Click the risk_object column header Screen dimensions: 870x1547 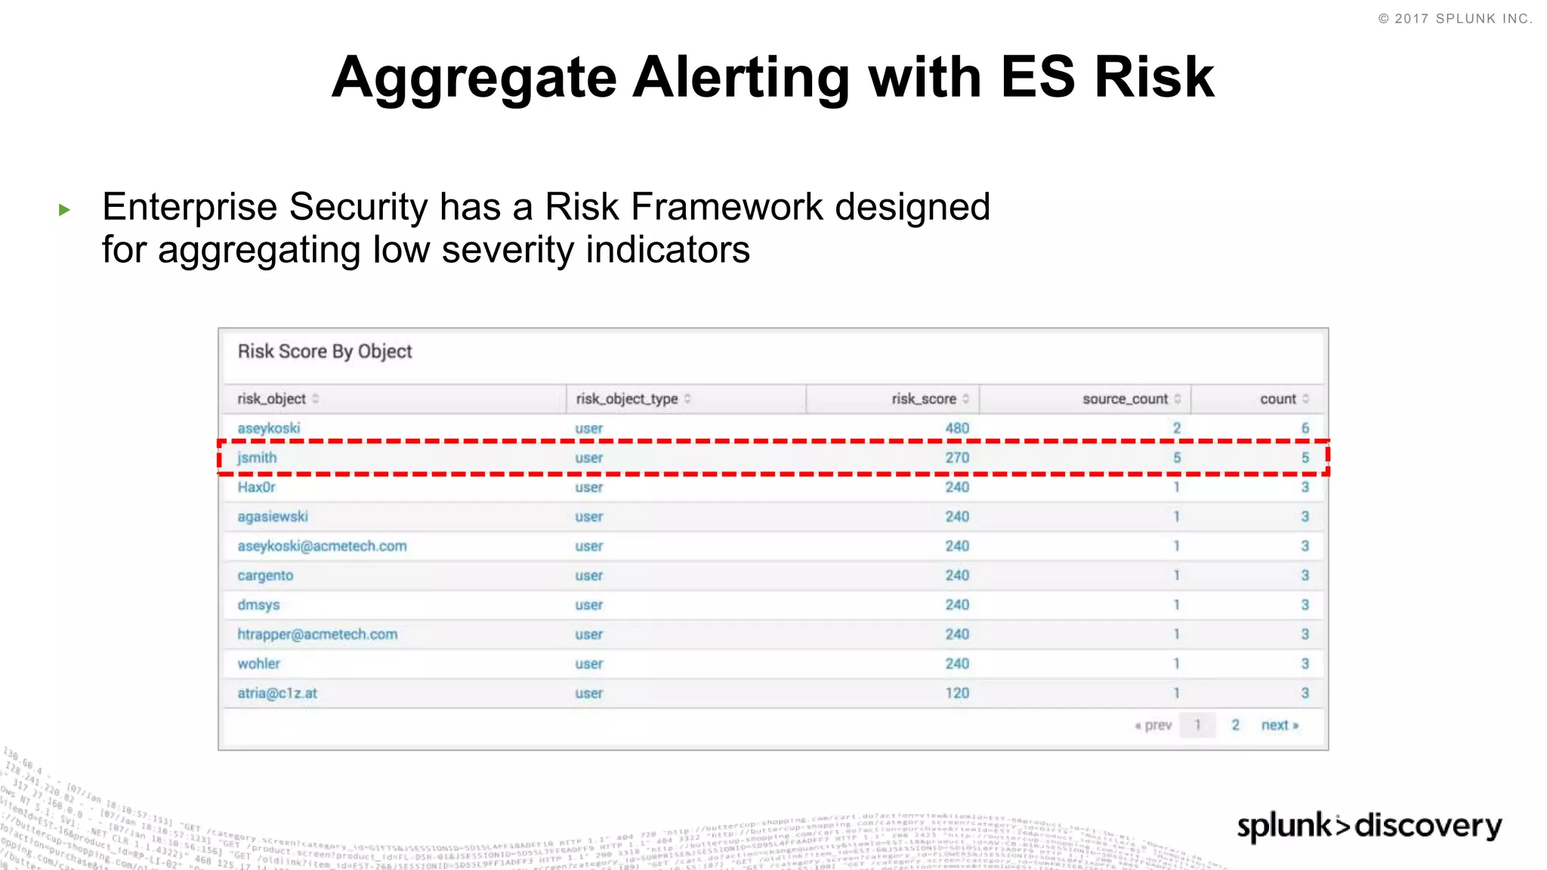tap(272, 399)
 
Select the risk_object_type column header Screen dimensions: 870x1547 tap(627, 399)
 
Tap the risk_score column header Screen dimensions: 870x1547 tap(924, 399)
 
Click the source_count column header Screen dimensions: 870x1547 tap(1125, 399)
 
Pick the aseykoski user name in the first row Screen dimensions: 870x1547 tap(269, 428)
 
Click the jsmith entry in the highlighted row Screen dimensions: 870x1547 tap(257, 458)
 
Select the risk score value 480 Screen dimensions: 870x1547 tap(957, 428)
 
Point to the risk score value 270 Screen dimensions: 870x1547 tap(957, 458)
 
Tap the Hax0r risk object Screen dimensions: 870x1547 tap(257, 487)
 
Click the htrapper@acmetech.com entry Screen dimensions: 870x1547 tap(317, 634)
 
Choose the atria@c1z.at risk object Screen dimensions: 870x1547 tap(277, 693)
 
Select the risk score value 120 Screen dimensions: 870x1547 tap(957, 693)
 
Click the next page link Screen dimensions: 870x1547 tap(1280, 725)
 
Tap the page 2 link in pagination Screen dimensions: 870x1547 tap(1236, 725)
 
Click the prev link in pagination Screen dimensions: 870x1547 tap(1153, 725)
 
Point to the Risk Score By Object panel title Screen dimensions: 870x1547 tap(325, 351)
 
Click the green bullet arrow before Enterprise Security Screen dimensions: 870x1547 tap(65, 210)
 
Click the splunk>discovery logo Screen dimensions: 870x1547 tap(1369, 825)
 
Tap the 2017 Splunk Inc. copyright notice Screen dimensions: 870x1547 tap(1455, 19)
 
